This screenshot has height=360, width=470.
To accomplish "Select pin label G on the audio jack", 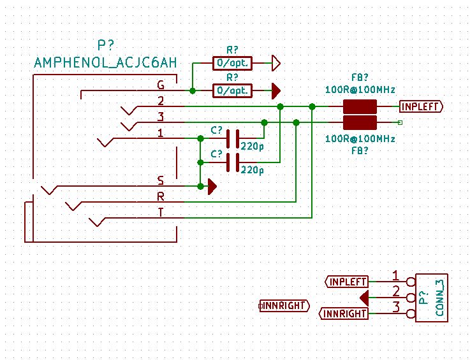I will click(161, 85).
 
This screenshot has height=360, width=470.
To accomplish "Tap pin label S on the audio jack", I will click(161, 180).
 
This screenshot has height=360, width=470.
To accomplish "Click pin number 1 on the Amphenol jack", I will click(161, 133).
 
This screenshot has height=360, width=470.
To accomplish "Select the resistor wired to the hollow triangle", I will click(232, 63).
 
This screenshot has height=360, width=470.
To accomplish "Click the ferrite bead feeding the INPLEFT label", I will click(360, 106).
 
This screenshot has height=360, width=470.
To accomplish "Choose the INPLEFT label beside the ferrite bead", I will click(420, 106).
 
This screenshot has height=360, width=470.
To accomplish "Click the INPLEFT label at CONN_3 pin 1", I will click(347, 281).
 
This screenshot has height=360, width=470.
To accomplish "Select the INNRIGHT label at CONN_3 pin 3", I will click(344, 313).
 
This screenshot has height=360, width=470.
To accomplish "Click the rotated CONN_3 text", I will click(439, 298).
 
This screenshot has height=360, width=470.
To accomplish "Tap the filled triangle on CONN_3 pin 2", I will click(364, 298).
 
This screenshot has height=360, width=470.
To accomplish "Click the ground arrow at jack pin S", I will click(212, 186).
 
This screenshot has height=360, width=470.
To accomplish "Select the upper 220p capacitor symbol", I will click(233, 138).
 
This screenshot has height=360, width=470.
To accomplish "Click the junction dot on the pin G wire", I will click(193, 91).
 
